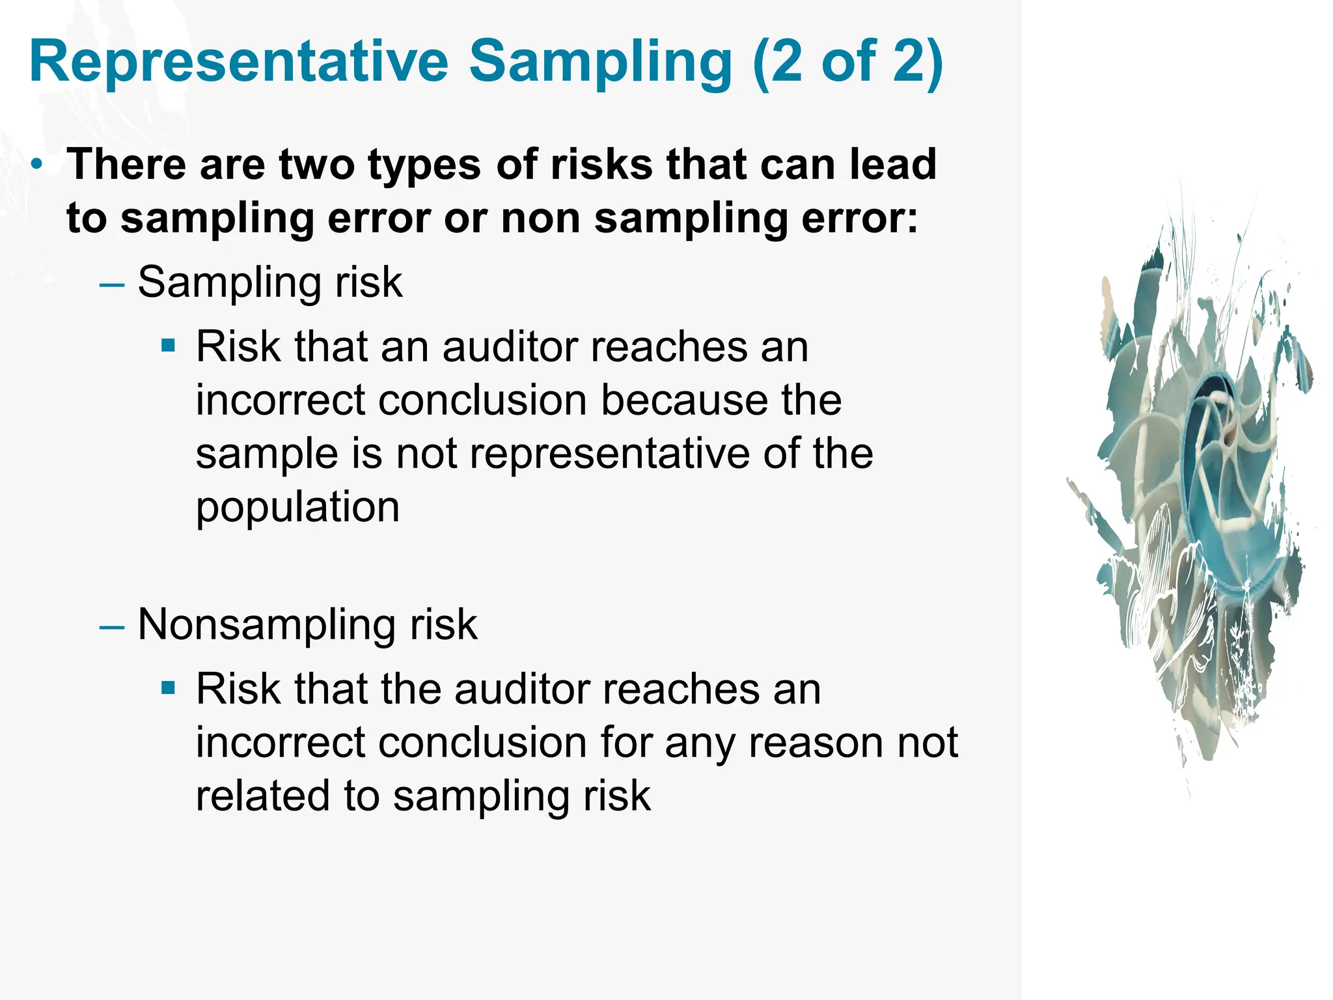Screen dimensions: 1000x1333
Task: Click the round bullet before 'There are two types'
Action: [x=38, y=164]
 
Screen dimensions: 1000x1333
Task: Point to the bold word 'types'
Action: [x=424, y=164]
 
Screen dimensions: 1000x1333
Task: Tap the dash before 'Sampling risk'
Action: [x=112, y=285]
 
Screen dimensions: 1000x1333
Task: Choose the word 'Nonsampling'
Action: [x=268, y=625]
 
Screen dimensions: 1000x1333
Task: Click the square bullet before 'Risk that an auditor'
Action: [x=169, y=345]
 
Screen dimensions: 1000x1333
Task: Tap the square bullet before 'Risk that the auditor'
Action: [x=169, y=687]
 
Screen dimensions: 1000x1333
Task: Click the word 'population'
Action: [x=297, y=508]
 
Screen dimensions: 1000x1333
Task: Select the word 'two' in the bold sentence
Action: [x=317, y=164]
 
